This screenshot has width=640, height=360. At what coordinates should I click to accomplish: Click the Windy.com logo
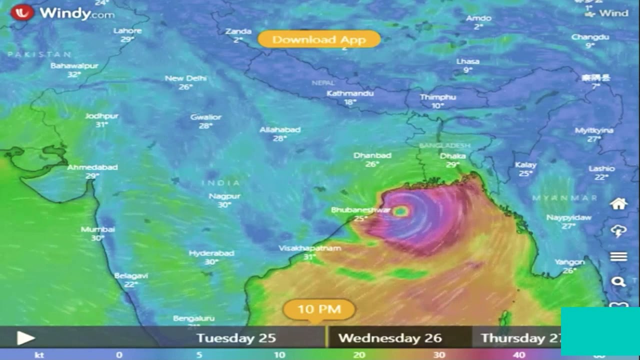(62, 13)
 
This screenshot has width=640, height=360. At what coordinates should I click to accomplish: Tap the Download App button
(319, 39)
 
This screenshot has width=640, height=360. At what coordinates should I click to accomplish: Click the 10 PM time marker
(319, 309)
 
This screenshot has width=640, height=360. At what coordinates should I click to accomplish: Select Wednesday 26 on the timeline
(390, 338)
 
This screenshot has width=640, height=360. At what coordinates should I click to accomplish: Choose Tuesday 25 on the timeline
(236, 338)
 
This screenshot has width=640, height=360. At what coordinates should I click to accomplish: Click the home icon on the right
(618, 204)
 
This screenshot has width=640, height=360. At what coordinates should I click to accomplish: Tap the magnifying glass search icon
(618, 282)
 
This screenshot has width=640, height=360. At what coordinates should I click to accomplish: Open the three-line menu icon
(618, 256)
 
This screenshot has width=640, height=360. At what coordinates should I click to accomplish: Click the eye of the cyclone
(400, 211)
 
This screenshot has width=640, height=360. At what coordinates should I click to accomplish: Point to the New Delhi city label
(185, 78)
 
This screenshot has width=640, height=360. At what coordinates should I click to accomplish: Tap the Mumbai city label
(98, 229)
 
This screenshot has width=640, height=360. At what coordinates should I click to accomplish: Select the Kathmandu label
(350, 93)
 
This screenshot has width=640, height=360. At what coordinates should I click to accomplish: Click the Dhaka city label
(453, 156)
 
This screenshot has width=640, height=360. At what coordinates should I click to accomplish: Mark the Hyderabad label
(211, 253)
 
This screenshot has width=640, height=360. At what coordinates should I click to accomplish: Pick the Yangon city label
(569, 262)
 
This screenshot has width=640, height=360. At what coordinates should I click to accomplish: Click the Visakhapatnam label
(310, 248)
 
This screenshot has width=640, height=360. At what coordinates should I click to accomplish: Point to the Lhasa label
(467, 61)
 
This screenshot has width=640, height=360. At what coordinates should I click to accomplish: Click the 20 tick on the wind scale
(359, 355)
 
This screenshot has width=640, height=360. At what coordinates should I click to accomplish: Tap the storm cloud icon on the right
(618, 230)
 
